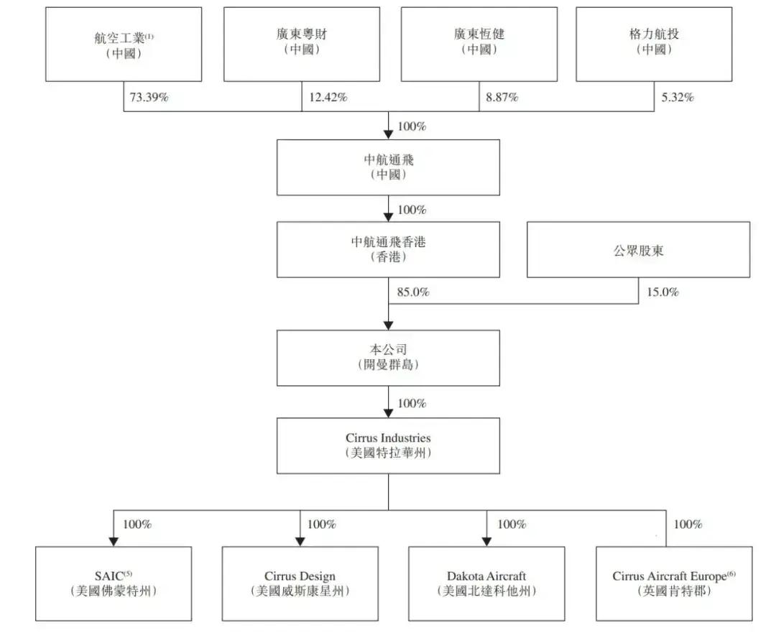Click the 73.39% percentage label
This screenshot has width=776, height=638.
pyautogui.click(x=149, y=98)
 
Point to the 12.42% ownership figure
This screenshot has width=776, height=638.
pyautogui.click(x=328, y=98)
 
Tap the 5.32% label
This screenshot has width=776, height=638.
pyautogui.click(x=678, y=98)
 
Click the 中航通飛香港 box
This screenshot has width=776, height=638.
pyautogui.click(x=388, y=249)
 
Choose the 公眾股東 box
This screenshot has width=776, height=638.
pyautogui.click(x=638, y=249)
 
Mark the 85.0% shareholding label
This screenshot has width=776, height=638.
pyautogui.click(x=413, y=292)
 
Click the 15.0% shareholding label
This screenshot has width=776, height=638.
pyautogui.click(x=662, y=292)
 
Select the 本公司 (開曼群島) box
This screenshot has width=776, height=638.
pyautogui.click(x=388, y=357)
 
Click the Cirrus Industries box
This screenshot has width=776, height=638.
pyautogui.click(x=388, y=445)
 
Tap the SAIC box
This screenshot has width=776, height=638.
pyautogui.click(x=114, y=583)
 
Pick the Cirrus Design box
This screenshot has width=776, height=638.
pyautogui.click(x=300, y=583)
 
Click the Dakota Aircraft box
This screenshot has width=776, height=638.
pyautogui.click(x=486, y=583)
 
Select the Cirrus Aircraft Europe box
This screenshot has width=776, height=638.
pyautogui.click(x=674, y=583)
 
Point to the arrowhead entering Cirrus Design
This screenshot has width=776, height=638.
pyautogui.click(x=300, y=541)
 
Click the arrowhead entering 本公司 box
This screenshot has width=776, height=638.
pyautogui.click(x=389, y=325)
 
